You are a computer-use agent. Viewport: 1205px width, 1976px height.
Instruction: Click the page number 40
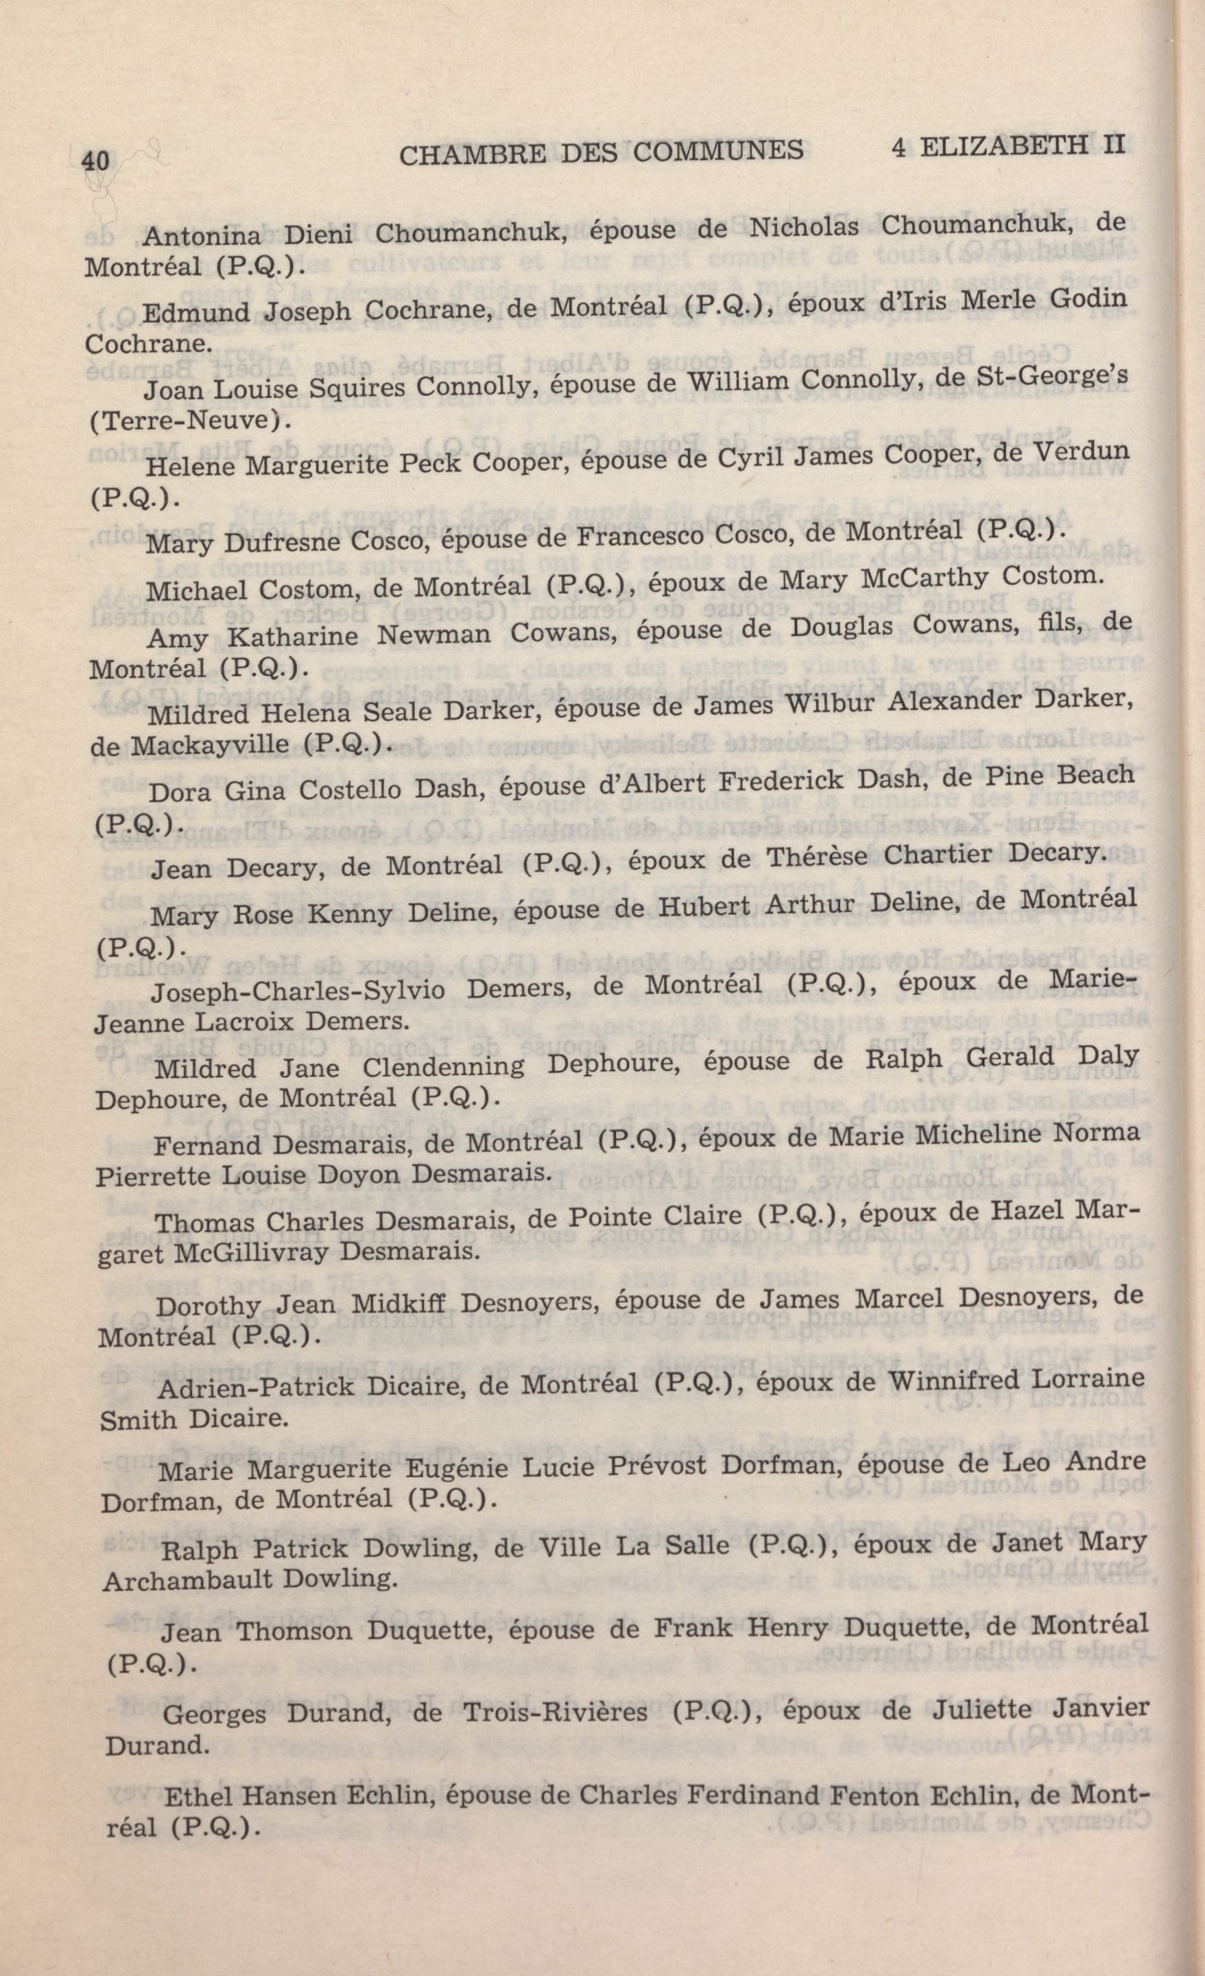pos(95,161)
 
